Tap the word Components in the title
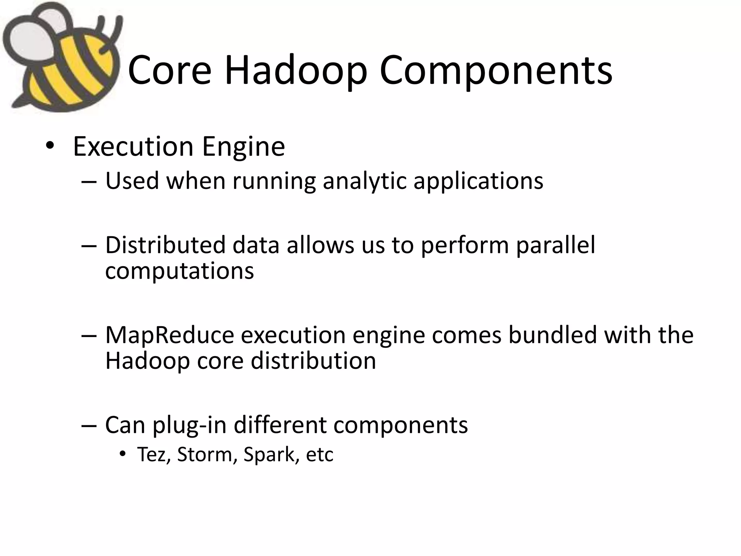point(496,71)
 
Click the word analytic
point(364,181)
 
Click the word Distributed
point(165,245)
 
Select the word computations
point(179,271)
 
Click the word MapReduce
point(170,335)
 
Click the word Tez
point(153,455)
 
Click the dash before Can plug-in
point(89,425)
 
